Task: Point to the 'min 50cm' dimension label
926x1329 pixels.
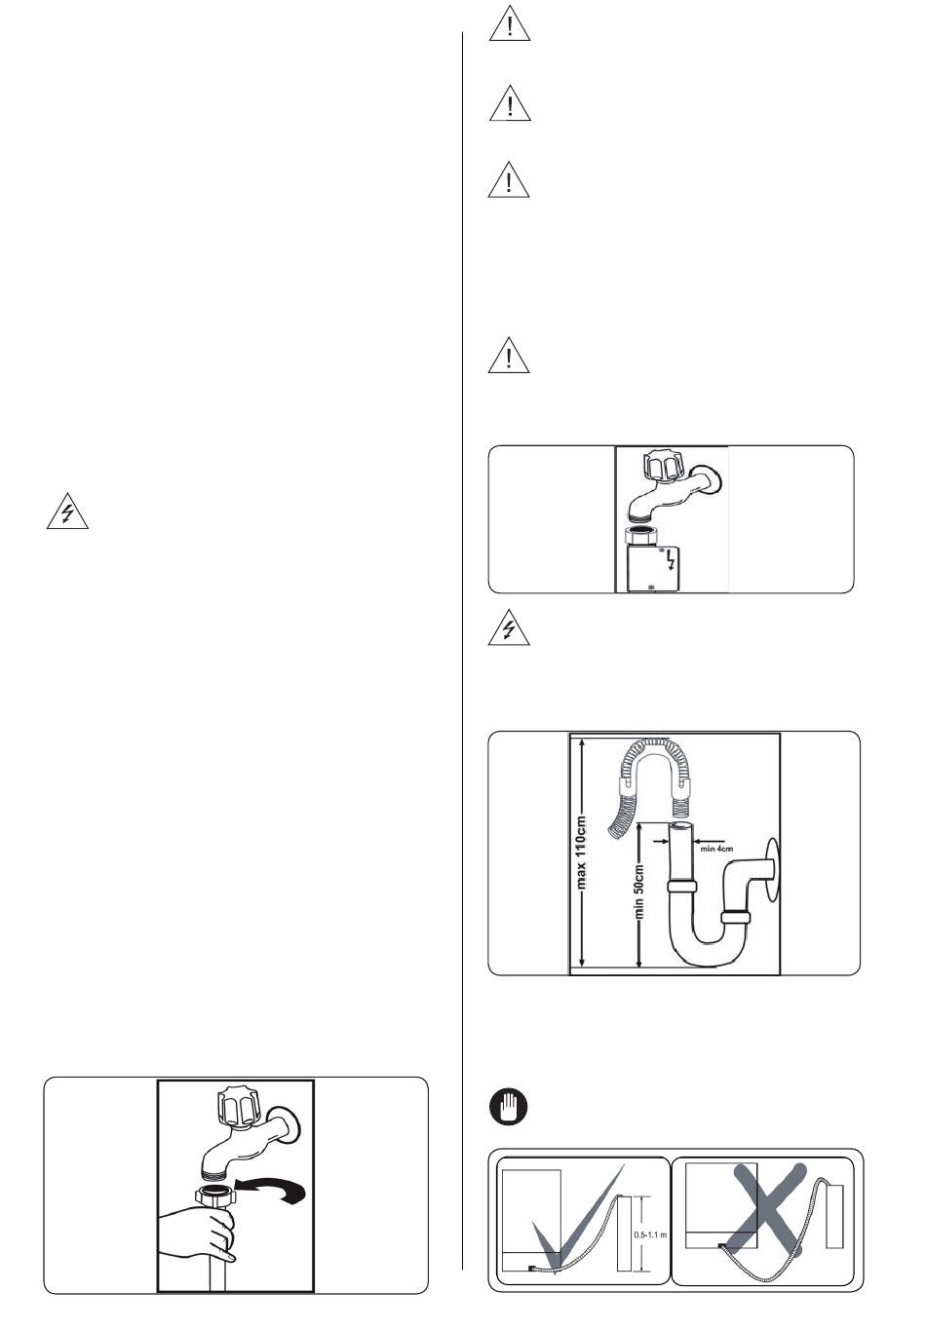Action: click(x=640, y=892)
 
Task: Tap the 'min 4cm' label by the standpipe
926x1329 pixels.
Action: click(x=716, y=849)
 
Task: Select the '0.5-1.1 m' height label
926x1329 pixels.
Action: click(x=649, y=1234)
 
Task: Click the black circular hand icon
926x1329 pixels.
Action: click(x=508, y=1108)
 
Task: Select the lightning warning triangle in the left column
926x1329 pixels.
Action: click(x=68, y=513)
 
